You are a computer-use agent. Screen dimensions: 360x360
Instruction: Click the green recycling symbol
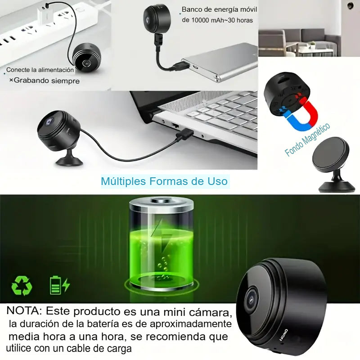(x=22, y=285)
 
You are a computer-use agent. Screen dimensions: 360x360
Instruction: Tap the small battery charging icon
(x=59, y=285)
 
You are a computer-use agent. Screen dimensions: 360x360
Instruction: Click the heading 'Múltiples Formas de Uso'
(x=164, y=181)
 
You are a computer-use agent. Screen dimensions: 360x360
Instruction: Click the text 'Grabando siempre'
(x=47, y=81)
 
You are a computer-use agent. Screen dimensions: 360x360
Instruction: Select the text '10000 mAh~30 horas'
(x=217, y=20)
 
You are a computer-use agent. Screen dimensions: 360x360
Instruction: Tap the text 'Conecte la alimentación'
(x=40, y=70)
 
